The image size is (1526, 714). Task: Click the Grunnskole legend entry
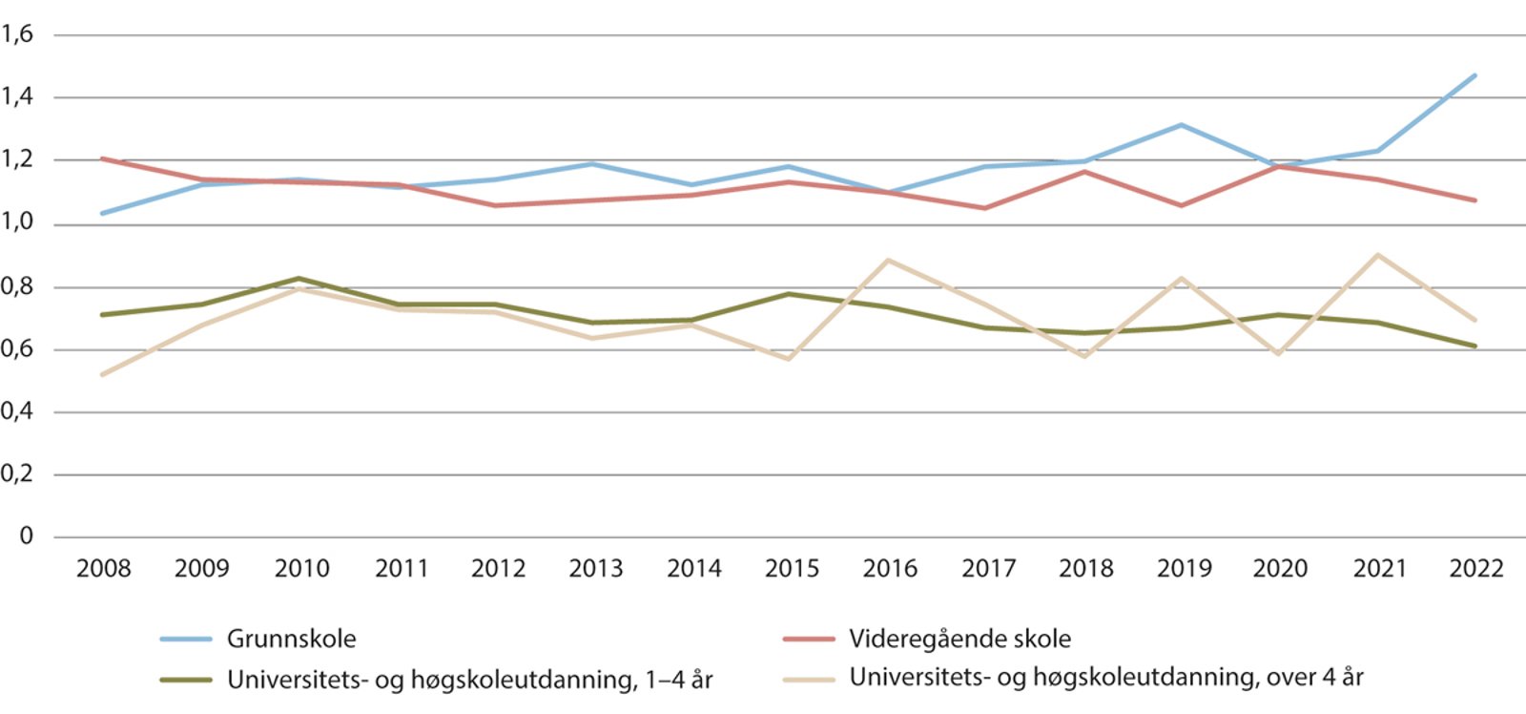pos(291,639)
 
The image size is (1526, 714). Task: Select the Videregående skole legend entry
pos(959,639)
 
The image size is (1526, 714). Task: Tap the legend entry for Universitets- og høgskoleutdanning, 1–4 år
pos(469,680)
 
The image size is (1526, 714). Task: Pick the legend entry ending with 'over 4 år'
pos(1106,678)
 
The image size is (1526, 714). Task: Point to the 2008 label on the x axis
pos(103,569)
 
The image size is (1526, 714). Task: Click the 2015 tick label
pos(792,569)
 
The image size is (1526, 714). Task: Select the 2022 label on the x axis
pos(1475,569)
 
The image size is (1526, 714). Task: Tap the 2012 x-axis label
pos(498,569)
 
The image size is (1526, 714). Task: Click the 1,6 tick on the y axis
pos(17,34)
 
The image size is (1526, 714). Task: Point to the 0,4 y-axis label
pos(17,411)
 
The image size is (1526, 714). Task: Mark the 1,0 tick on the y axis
pos(17,222)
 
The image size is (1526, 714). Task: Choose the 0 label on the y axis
pos(26,536)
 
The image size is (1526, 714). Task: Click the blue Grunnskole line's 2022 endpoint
pos(1475,75)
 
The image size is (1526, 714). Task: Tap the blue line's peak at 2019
pos(1182,125)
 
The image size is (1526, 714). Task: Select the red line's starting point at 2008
pos(103,158)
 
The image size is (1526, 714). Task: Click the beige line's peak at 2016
pos(889,260)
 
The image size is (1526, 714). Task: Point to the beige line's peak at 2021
pos(1377,255)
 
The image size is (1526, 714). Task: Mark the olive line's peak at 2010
pos(299,279)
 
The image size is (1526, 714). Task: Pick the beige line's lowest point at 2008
pos(103,374)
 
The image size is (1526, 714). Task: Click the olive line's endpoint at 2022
pos(1475,346)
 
